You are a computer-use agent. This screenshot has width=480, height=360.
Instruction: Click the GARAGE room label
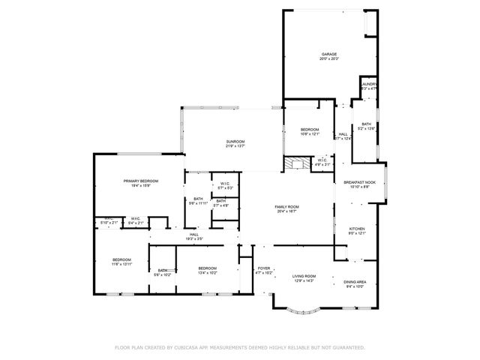pos(328,54)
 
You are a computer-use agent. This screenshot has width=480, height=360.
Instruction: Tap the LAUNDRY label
pos(369,84)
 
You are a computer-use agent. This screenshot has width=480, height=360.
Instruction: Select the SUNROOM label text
pos(235,141)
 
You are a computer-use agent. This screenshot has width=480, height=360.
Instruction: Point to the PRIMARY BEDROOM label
pos(140,181)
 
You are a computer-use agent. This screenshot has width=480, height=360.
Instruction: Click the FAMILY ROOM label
pos(286,206)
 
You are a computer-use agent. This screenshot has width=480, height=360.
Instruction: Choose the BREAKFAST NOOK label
pos(359,182)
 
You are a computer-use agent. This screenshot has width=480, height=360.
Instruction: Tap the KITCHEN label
pos(356,228)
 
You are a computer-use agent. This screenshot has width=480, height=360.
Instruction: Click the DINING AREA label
pos(355,281)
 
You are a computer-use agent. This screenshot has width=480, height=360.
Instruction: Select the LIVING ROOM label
pos(304,276)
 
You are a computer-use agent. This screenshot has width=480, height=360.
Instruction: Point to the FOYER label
pos(264,268)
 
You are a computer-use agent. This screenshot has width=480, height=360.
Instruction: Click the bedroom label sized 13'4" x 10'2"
pos(208,268)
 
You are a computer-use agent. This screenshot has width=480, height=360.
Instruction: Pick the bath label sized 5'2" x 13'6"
pos(366,124)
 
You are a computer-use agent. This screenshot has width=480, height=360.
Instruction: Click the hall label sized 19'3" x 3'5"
pos(193,235)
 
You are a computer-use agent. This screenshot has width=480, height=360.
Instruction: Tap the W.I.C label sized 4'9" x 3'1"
pos(321,160)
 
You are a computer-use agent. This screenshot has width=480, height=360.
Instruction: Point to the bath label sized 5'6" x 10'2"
pos(163,271)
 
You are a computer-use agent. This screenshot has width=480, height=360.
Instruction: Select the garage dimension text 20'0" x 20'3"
pos(328,58)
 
